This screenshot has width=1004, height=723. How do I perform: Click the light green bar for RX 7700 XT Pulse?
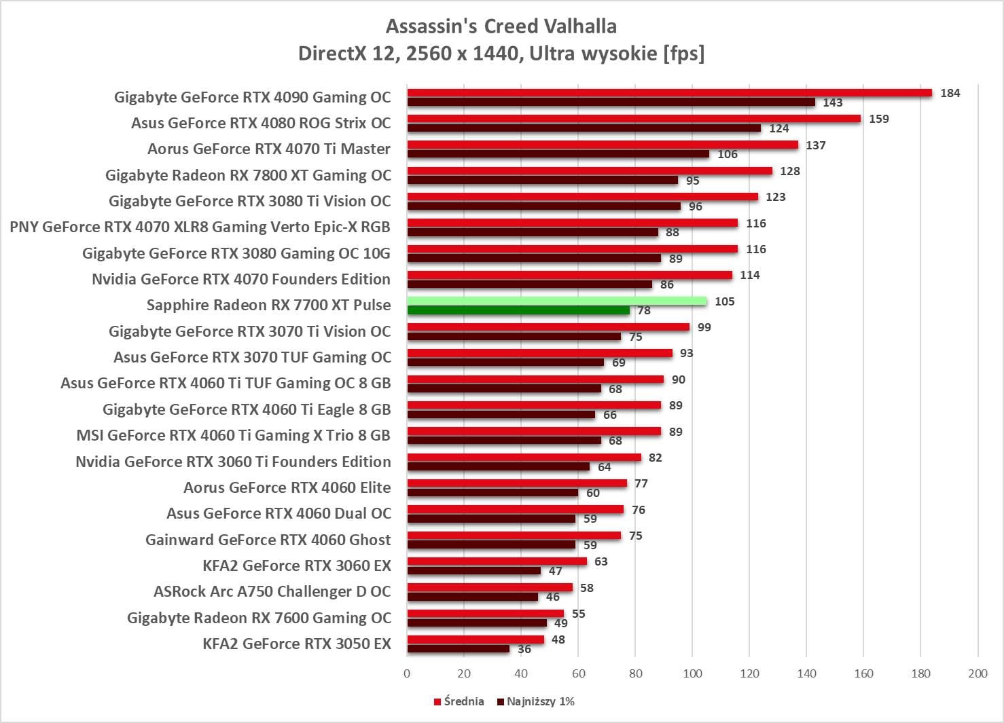click(557, 301)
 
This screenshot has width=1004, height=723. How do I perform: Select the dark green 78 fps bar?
click(518, 311)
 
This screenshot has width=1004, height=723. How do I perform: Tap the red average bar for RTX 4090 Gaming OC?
click(669, 93)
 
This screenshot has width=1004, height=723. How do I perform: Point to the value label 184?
click(950, 94)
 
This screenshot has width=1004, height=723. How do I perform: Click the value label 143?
click(832, 103)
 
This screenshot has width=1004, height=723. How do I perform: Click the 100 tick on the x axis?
click(692, 673)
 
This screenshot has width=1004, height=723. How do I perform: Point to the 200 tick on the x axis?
click(978, 673)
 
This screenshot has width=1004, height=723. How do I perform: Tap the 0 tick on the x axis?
click(407, 673)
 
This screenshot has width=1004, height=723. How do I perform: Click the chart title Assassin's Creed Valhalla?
click(501, 26)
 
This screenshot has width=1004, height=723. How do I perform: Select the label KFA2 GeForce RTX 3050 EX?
click(297, 644)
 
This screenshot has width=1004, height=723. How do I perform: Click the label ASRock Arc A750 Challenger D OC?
click(272, 591)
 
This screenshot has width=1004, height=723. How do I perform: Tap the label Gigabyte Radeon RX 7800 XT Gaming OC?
click(249, 175)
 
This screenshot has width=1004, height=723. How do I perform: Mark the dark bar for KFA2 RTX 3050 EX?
click(459, 649)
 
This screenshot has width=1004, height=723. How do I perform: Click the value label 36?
click(524, 650)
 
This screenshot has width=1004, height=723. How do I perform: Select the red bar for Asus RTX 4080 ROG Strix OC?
click(634, 119)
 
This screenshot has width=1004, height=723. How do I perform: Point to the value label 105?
click(724, 301)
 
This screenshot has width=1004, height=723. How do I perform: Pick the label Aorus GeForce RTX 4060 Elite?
click(287, 487)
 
